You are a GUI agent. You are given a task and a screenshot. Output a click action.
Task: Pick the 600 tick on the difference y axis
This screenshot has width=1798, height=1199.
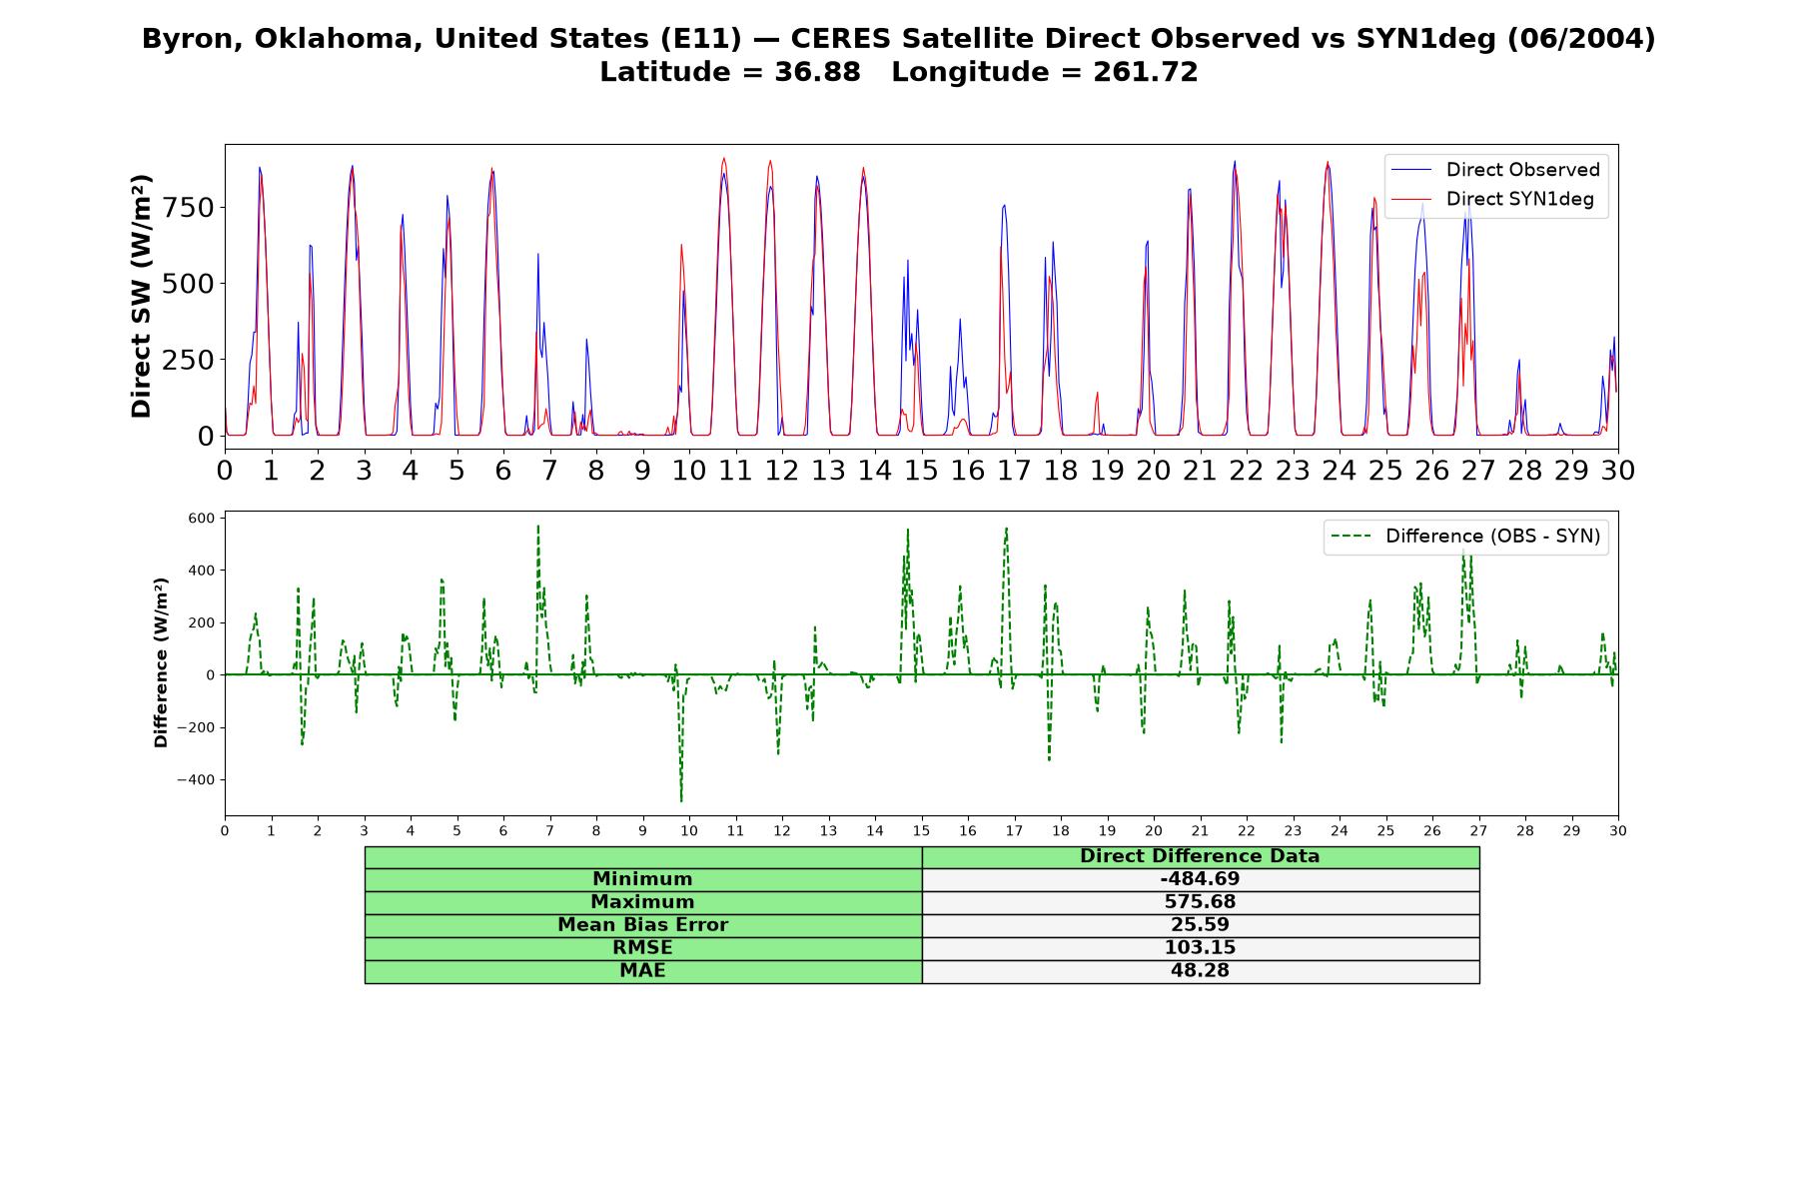click(x=201, y=518)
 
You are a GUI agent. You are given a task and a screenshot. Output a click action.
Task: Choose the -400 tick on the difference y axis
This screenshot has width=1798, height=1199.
click(x=195, y=779)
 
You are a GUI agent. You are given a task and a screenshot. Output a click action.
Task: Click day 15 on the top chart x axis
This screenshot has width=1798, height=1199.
click(x=921, y=470)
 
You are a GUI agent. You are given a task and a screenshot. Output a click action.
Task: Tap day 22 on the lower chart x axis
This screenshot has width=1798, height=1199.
click(x=1246, y=830)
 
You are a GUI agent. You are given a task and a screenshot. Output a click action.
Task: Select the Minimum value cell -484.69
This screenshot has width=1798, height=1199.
click(x=1200, y=879)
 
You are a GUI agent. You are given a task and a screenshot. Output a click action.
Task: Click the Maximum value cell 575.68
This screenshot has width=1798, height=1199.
click(x=1200, y=902)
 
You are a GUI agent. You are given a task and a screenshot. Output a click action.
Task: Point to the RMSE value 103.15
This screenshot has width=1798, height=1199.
click(x=1200, y=948)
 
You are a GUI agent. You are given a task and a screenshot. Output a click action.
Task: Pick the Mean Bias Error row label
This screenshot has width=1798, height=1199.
click(x=642, y=925)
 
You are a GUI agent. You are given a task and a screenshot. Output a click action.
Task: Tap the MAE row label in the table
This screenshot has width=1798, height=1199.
click(x=642, y=971)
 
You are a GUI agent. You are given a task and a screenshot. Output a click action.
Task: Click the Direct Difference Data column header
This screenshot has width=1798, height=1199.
click(x=1200, y=856)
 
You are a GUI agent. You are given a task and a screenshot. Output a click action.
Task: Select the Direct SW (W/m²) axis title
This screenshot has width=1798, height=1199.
click(x=141, y=297)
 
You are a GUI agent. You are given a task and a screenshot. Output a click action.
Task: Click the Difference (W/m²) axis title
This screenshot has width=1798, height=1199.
click(x=161, y=662)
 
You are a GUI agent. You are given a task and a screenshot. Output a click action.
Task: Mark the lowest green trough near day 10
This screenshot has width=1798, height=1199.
click(x=681, y=800)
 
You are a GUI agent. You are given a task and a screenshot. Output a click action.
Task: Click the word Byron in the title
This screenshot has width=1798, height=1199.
click(x=191, y=40)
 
